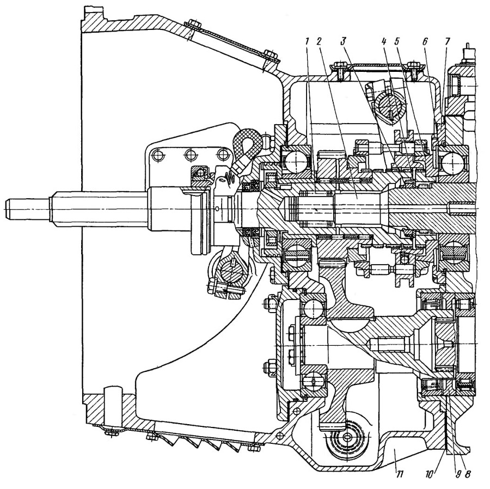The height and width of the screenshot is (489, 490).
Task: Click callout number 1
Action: click(x=308, y=41)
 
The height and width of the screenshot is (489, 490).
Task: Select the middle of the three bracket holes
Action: click(x=191, y=154)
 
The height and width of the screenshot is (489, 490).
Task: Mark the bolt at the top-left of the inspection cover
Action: click(x=191, y=25)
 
